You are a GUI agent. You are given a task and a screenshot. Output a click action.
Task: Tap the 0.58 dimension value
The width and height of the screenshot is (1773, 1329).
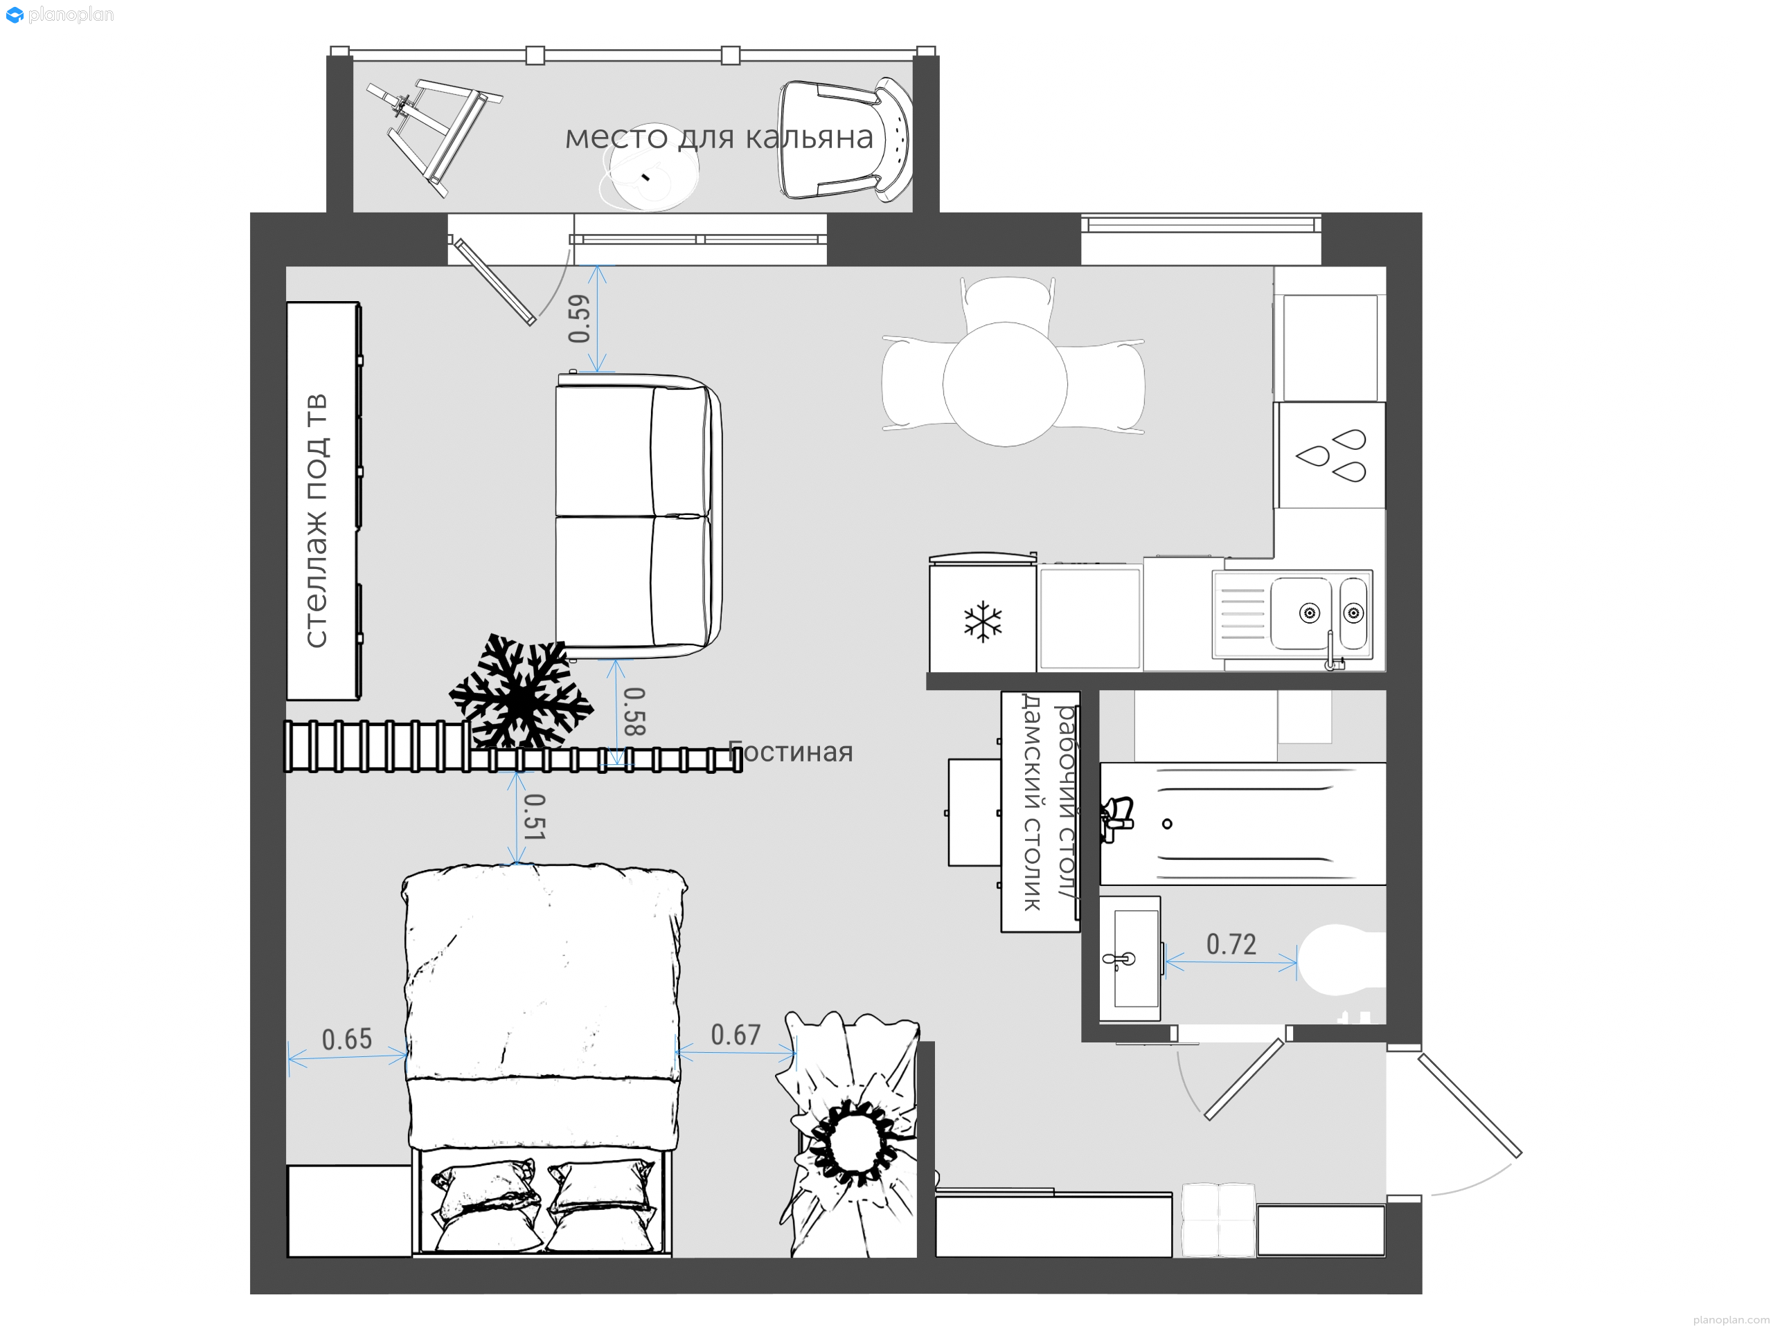click(x=634, y=711)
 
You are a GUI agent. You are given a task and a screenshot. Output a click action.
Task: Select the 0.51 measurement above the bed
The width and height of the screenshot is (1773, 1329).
click(x=534, y=816)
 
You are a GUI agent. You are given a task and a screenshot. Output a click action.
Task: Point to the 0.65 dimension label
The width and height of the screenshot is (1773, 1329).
click(x=347, y=1039)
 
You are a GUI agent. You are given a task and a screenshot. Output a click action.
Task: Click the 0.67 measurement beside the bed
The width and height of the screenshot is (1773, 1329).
click(x=736, y=1035)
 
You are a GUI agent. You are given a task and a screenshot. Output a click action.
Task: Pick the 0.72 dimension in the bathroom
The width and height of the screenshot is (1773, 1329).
click(x=1231, y=944)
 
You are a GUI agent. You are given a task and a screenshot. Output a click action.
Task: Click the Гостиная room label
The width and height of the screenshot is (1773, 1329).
click(x=790, y=752)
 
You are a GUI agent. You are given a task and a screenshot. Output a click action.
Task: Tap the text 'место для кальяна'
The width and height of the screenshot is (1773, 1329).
click(x=719, y=137)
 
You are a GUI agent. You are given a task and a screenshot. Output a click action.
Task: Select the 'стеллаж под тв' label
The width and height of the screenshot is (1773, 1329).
click(x=317, y=521)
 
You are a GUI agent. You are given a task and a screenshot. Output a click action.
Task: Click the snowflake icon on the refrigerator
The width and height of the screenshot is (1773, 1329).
click(x=983, y=622)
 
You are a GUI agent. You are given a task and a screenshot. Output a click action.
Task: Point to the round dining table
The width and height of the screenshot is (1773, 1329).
click(x=1005, y=383)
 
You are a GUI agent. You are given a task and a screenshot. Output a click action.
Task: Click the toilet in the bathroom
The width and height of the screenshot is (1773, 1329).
click(x=1341, y=959)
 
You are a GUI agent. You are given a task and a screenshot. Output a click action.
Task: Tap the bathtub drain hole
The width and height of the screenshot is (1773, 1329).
click(x=1167, y=824)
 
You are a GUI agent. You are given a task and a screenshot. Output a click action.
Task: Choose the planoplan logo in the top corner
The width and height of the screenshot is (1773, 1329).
click(x=60, y=15)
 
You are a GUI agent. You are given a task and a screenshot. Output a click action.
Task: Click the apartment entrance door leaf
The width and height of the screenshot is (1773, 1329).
click(x=1469, y=1106)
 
